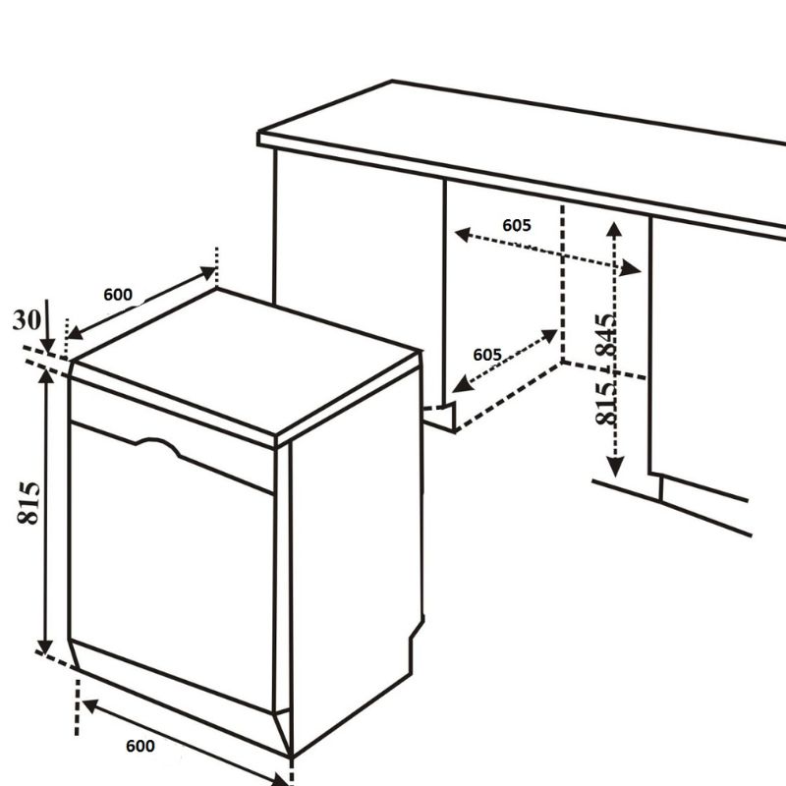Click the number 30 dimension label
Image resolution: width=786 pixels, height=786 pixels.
click(27, 320)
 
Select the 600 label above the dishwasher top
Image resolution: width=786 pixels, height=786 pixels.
click(118, 295)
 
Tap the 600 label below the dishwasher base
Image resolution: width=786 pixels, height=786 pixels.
click(140, 746)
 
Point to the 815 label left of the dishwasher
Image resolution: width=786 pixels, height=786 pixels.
click(28, 503)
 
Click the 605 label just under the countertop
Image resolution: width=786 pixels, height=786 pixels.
click(517, 226)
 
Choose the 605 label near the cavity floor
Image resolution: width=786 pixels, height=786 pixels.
click(487, 355)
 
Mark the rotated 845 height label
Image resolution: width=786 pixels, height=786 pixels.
click(606, 335)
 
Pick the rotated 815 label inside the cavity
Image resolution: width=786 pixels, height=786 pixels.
click(606, 404)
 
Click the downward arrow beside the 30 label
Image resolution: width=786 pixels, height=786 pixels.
click(47, 327)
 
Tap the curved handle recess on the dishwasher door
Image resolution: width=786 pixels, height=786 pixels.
click(158, 446)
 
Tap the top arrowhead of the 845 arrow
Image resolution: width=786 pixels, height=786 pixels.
click(614, 229)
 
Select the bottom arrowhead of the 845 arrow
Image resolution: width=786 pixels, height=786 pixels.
click(615, 467)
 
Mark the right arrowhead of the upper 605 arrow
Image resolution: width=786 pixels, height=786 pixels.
click(631, 268)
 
